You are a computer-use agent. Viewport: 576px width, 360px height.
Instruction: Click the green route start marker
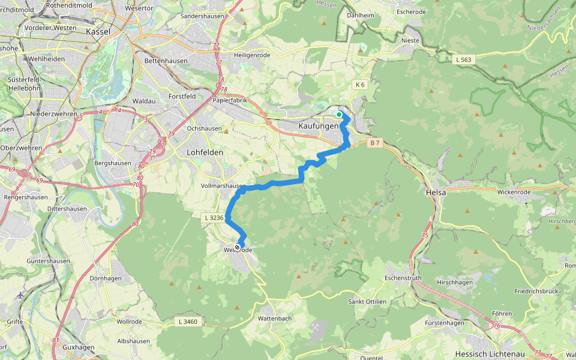pos(339,115)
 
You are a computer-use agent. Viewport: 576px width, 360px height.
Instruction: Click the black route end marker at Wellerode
pos(238,248)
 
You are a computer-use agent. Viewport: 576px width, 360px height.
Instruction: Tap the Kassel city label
pos(99,31)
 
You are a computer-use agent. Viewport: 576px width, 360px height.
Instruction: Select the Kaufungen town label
pos(319,126)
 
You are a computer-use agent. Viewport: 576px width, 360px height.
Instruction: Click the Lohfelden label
pos(205,152)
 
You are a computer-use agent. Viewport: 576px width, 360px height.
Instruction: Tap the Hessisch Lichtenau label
pos(488,353)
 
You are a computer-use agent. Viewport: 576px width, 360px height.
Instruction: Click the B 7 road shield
pos(375,143)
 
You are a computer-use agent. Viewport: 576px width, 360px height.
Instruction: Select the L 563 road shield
pos(464,59)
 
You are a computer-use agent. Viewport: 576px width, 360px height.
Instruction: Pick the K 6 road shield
pos(360,85)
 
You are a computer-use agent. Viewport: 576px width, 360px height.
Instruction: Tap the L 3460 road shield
pos(188,322)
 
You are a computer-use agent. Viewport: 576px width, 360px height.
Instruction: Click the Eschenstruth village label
pos(403,278)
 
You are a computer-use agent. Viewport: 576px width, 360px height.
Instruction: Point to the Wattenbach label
pos(274,317)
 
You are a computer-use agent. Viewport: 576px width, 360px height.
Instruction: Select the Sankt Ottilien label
pos(367,301)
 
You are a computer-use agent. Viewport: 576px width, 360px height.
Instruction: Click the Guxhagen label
pos(79,347)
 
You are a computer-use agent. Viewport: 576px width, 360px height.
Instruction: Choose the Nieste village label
pos(410,41)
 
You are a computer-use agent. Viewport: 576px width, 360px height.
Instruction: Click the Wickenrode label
pos(514,192)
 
